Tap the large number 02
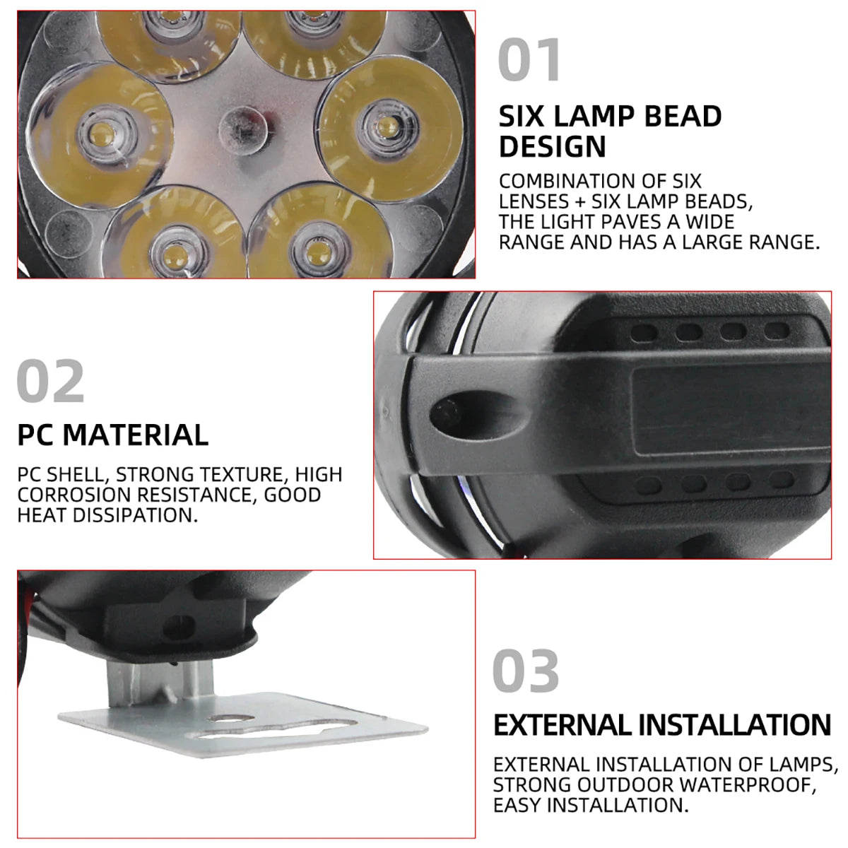pos(50,382)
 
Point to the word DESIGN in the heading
pos(553,147)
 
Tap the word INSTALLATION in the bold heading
pos(735,726)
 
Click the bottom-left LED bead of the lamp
pos(170,251)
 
